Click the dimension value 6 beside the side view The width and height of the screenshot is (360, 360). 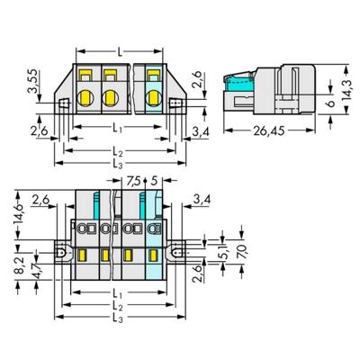coord(329,104)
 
